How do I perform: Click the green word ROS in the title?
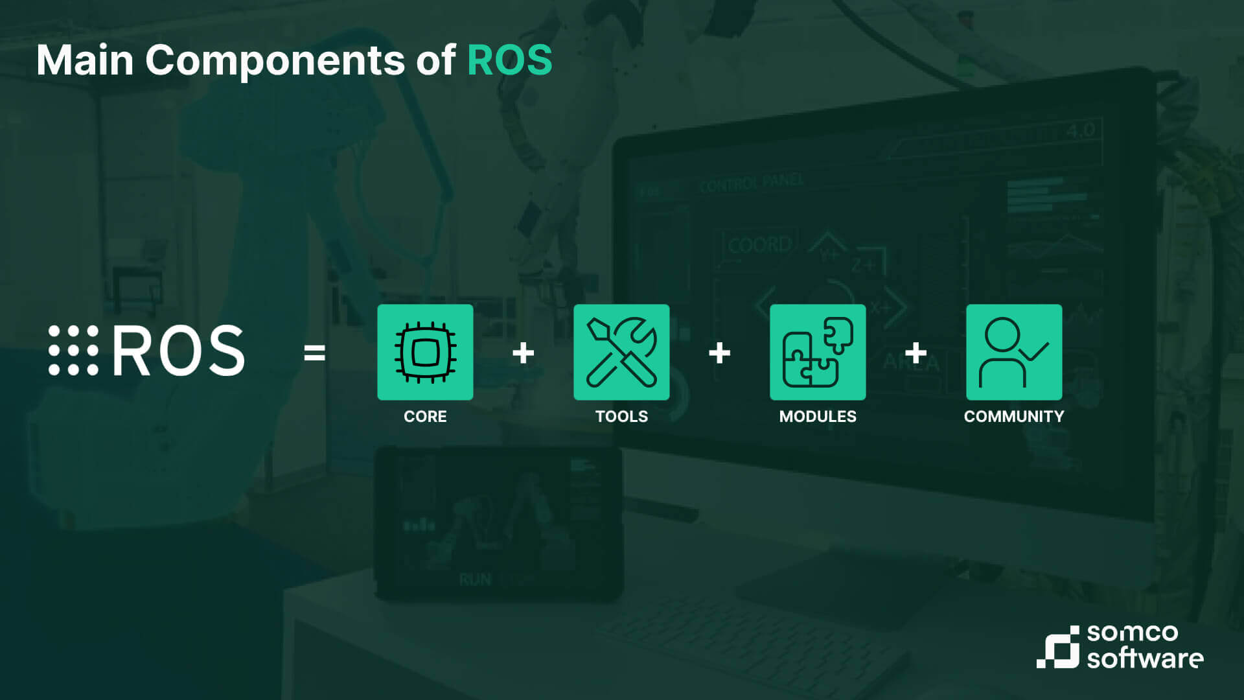click(509, 60)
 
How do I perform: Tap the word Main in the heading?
click(85, 60)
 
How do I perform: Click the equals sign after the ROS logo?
click(314, 353)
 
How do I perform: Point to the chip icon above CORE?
click(425, 352)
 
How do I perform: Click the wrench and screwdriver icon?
click(621, 352)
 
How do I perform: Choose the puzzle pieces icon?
click(818, 352)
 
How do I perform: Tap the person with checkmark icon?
click(1014, 352)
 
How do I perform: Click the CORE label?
click(425, 416)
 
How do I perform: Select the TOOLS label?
click(621, 416)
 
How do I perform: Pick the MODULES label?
click(818, 416)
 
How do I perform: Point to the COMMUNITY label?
click(1014, 416)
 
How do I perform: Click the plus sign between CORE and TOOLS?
click(524, 353)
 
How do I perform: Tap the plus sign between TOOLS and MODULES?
click(720, 353)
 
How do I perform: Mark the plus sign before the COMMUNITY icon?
click(916, 353)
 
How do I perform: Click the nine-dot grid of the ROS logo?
click(73, 350)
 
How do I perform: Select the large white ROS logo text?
click(179, 351)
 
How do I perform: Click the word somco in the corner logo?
click(1133, 633)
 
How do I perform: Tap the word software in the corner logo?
click(1146, 658)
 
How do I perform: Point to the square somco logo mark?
click(1058, 647)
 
